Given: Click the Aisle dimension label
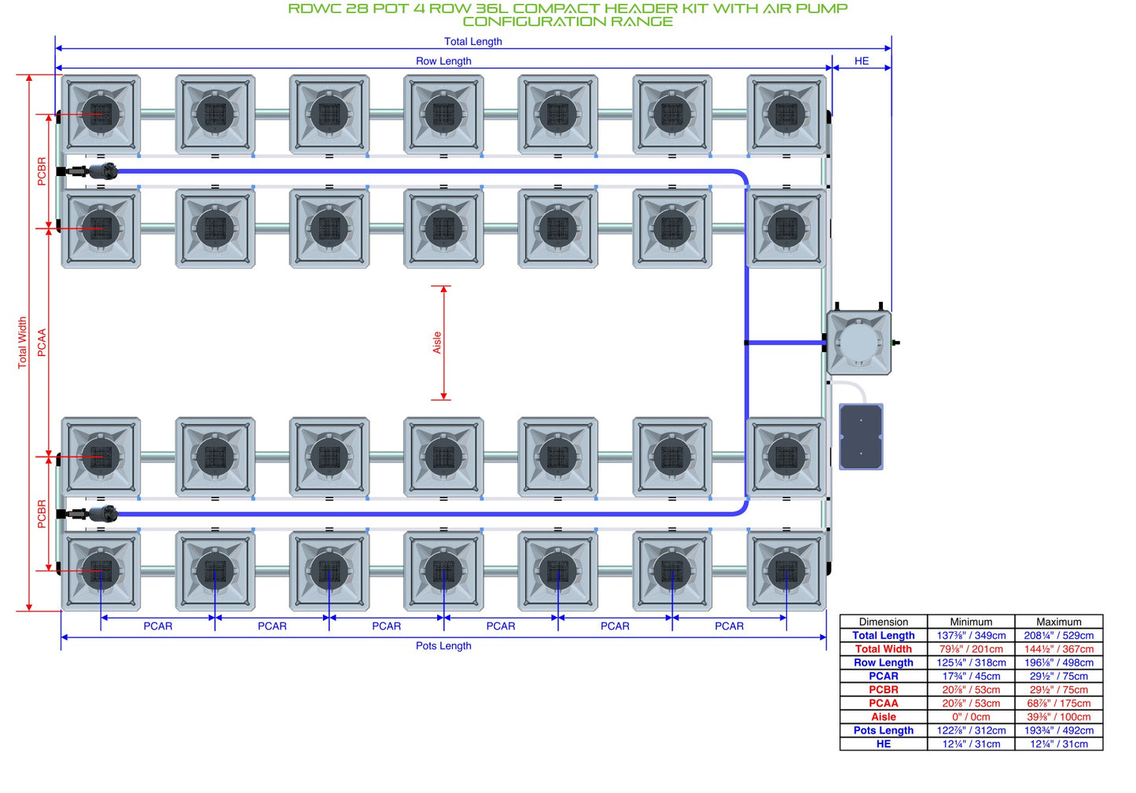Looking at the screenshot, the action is pos(436,343).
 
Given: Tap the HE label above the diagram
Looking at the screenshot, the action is pos(862,61).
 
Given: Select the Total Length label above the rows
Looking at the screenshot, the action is pos(473,42).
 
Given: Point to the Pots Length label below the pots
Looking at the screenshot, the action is pos(443,645).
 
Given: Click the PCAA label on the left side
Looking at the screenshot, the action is pos(42,343).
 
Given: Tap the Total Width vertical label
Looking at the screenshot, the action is pos(22,343).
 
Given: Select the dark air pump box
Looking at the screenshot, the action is pos(861,436).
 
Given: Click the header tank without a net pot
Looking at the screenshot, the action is pos(858,342).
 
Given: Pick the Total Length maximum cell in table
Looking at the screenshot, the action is pos(1059,635).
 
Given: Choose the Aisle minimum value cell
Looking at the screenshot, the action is pos(971,717).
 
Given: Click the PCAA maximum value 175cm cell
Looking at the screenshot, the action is pos(1059,703).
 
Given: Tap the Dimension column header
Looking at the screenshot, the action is pos(884,622).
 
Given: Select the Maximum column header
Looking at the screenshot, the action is pos(1059,622).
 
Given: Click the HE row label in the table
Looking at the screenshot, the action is pos(884,743).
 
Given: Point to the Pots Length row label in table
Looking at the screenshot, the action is pos(884,730).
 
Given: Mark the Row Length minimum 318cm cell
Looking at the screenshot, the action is pos(971,663).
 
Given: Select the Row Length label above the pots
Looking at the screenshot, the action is pos(443,61).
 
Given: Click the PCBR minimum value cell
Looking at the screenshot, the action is pos(971,689).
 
